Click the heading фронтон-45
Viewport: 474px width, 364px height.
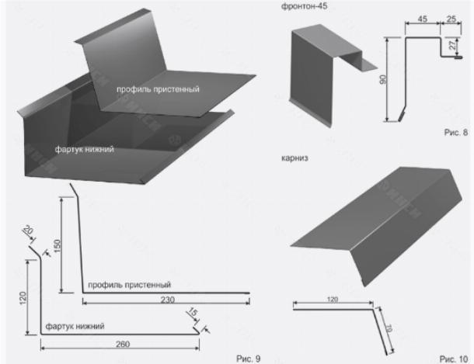click(304, 6)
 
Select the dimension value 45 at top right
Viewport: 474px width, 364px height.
click(422, 19)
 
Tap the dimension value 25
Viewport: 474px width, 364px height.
click(451, 19)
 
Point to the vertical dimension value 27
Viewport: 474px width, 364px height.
click(452, 45)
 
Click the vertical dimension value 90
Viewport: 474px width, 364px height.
click(383, 79)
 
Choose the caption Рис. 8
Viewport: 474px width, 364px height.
click(456, 132)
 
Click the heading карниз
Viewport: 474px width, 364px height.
click(295, 158)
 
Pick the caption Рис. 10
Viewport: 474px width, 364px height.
click(454, 359)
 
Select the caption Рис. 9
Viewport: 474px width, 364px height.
click(248, 359)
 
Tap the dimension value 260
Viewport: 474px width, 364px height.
click(123, 344)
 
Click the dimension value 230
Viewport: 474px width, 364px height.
click(168, 300)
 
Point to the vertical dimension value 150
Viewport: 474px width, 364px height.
click(57, 246)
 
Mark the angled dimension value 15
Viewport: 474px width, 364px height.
click(192, 312)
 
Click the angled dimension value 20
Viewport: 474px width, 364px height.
click(28, 230)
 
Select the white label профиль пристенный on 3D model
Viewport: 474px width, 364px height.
click(158, 89)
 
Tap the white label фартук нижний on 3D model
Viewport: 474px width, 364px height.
click(85, 149)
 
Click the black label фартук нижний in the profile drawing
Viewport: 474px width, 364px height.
click(75, 326)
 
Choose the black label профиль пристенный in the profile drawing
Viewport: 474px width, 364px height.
click(130, 285)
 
